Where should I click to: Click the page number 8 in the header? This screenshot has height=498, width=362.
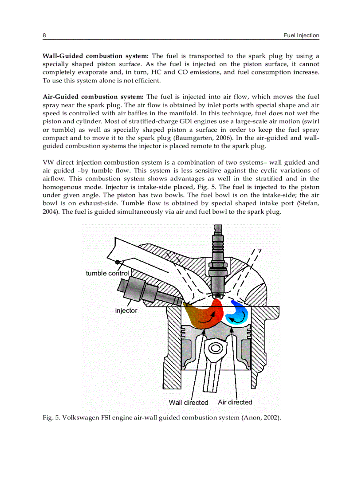click(x=44, y=35)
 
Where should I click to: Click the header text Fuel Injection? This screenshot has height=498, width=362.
click(x=301, y=35)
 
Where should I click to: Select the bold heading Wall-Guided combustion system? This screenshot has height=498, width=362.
click(x=95, y=56)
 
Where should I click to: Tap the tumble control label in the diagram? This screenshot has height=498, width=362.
click(x=107, y=273)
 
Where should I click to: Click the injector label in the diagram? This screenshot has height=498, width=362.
click(x=126, y=310)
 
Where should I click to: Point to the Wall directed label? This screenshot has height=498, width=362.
click(x=189, y=403)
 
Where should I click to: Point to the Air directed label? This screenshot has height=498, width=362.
click(x=235, y=402)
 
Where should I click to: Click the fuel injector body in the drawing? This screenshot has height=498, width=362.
click(x=142, y=292)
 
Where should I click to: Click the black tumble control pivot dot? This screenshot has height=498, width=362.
click(x=118, y=262)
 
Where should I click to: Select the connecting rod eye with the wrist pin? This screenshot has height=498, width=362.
click(x=216, y=348)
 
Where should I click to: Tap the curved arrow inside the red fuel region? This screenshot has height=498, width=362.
click(x=207, y=318)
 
